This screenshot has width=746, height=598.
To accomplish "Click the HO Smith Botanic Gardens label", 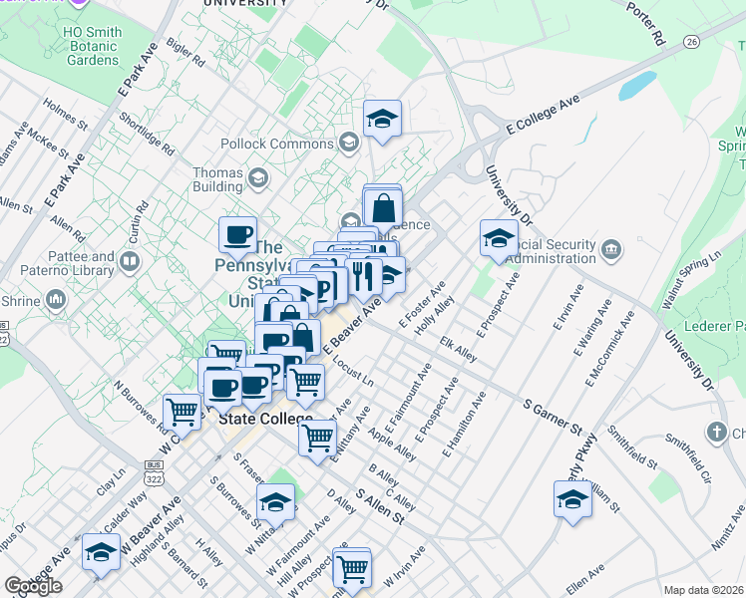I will pyautogui.click(x=92, y=46).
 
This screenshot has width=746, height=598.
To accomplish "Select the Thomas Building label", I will pyautogui.click(x=218, y=179).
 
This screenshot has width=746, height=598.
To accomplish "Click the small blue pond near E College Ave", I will pyautogui.click(x=636, y=86).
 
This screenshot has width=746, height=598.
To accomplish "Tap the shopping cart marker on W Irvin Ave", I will pyautogui.click(x=352, y=568).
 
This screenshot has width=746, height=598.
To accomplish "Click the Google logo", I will pyautogui.click(x=33, y=586).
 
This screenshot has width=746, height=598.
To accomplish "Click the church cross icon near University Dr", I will pyautogui.click(x=715, y=432).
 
